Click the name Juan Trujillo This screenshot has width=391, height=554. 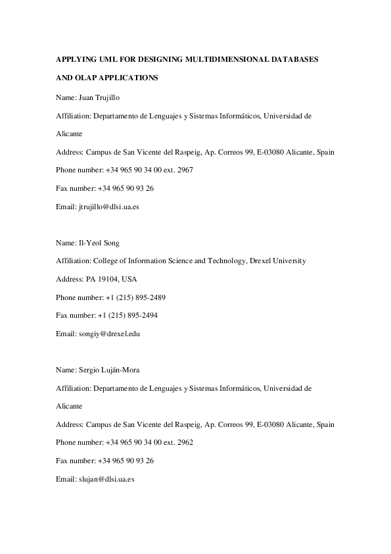[x=99, y=97]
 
